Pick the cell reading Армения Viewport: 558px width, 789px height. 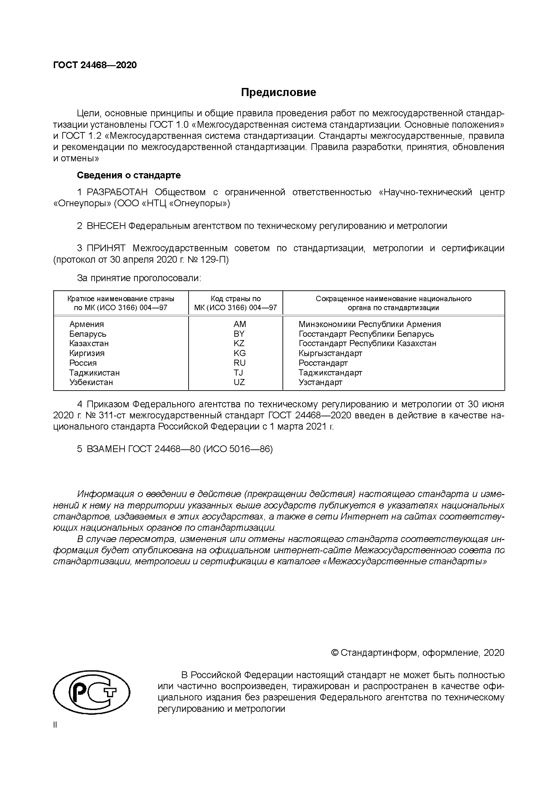click(x=87, y=324)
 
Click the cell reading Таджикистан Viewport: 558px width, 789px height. click(x=94, y=372)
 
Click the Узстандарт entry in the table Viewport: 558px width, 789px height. click(x=320, y=382)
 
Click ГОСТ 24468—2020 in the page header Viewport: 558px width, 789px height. click(x=95, y=65)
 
